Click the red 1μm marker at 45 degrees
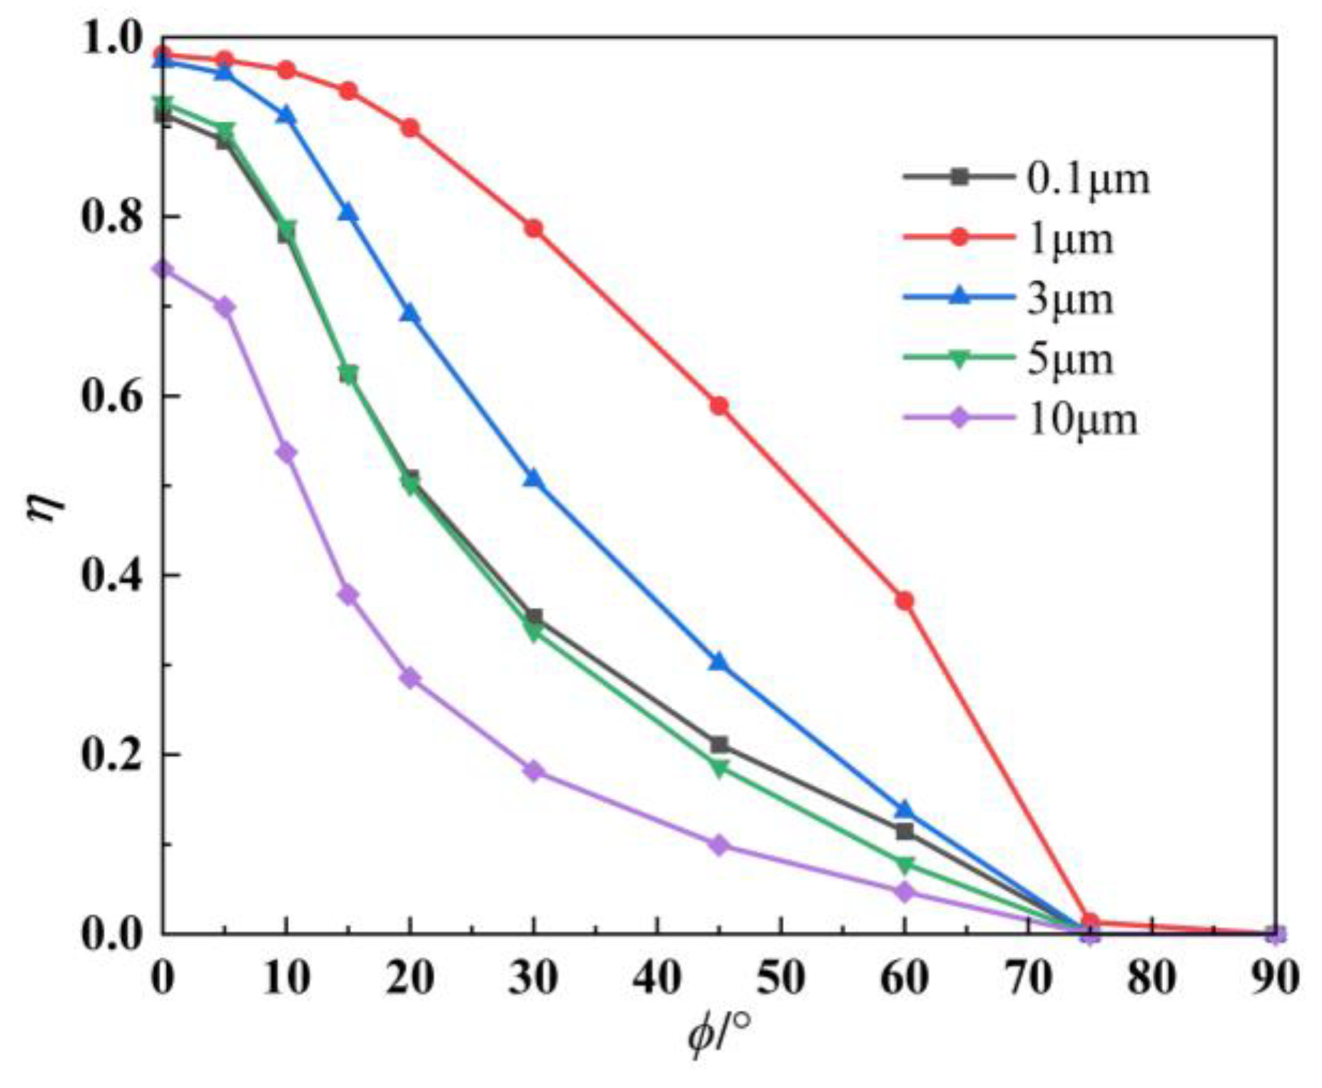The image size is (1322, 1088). [x=719, y=406]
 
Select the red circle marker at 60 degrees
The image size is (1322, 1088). [x=905, y=601]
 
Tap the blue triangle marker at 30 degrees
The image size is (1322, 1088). [x=534, y=479]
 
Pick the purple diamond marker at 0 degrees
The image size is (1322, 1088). [x=163, y=269]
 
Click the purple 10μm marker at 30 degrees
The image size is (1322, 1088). [x=534, y=771]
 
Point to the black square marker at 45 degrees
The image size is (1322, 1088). [x=719, y=745]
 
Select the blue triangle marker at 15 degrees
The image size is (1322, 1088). [x=348, y=213]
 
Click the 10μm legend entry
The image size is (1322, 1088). [x=1081, y=419]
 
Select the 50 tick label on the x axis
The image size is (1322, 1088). [x=781, y=977]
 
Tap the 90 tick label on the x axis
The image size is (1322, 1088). [x=1274, y=977]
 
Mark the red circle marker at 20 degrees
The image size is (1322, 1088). [x=410, y=128]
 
